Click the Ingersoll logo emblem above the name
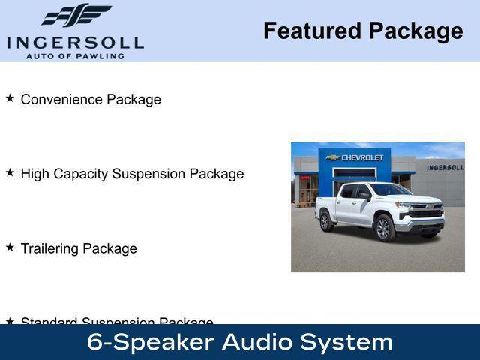click(x=76, y=15)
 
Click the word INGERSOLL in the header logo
click(x=75, y=42)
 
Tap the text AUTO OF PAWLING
click(x=75, y=56)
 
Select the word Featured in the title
click(x=311, y=31)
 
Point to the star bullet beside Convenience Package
click(x=10, y=98)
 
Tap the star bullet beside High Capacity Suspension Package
click(x=10, y=172)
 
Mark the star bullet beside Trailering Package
click(x=10, y=247)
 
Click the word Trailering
click(x=50, y=248)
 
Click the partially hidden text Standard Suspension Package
click(x=116, y=321)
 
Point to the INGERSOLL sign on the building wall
click(x=445, y=167)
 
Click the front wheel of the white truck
click(x=385, y=228)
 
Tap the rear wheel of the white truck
click(x=326, y=221)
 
